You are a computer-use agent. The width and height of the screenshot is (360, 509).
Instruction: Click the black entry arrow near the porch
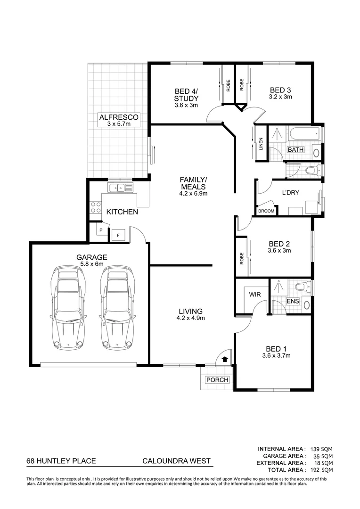click(225, 359)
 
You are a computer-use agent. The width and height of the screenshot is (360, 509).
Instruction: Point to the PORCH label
click(217, 380)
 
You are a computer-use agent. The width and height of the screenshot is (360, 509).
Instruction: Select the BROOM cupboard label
click(266, 211)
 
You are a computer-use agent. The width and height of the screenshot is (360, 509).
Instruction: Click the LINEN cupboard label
click(261, 144)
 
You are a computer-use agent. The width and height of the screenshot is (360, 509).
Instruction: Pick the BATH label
click(296, 150)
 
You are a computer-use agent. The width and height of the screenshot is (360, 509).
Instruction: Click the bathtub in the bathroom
click(304, 134)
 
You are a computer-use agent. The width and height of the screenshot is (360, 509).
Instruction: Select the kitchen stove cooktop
click(96, 207)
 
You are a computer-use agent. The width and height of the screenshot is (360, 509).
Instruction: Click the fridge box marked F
click(118, 234)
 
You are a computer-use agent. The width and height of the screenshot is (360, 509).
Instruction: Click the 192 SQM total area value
click(323, 470)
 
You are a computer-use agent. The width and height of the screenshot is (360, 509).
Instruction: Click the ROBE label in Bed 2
click(242, 257)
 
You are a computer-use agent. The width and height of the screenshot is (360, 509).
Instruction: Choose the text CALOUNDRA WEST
click(176, 462)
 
